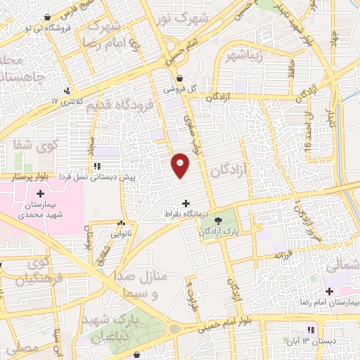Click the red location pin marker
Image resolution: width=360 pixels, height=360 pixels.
tap(181, 165)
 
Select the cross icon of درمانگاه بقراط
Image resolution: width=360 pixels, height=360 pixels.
tap(185, 204)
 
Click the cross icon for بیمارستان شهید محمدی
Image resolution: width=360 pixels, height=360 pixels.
tap(40, 193)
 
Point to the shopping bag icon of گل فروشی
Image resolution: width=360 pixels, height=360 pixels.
tap(181, 79)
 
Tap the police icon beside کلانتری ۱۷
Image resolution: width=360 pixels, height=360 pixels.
tap(67, 91)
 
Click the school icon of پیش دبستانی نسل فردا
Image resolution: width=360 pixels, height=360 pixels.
tap(96, 166)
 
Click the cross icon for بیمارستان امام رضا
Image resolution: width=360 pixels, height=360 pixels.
tap(328, 291)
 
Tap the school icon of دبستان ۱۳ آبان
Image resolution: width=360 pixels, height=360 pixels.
tap(309, 330)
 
